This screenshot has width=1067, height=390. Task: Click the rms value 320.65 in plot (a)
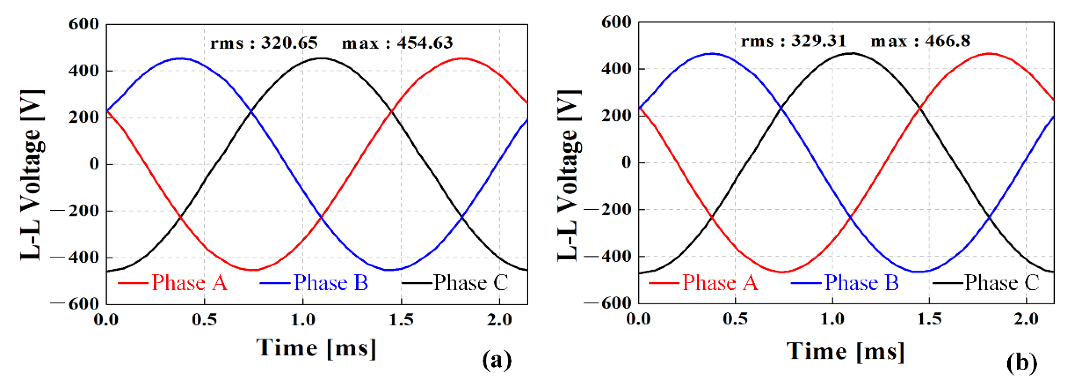coord(289,43)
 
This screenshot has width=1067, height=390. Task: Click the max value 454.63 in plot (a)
coord(424,43)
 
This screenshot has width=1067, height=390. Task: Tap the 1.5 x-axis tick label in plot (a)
coord(401,320)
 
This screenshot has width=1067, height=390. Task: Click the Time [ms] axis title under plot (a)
coord(316,347)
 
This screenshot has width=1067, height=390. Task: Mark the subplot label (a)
coord(497,360)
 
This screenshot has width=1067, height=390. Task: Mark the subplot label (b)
coord(1022,363)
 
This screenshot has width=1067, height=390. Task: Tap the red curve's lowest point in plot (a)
coord(254,270)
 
